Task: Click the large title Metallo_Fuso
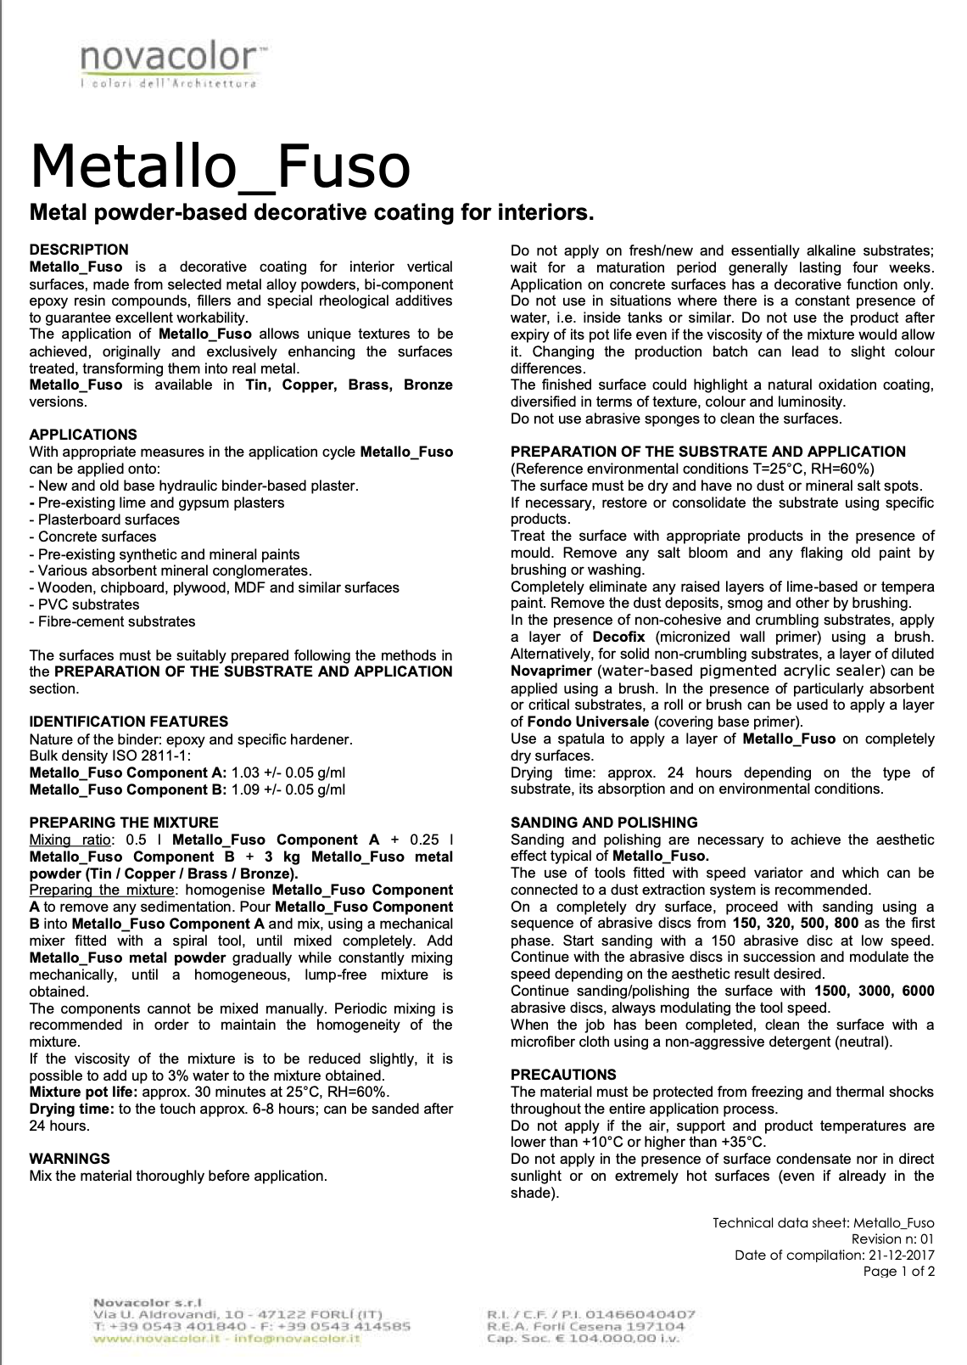[x=220, y=166]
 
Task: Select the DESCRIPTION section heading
[x=79, y=250]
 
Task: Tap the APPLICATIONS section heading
[x=83, y=435]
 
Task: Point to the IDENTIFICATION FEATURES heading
[x=128, y=722]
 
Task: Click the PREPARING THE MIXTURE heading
[x=124, y=823]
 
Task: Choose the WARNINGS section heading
[x=70, y=1159]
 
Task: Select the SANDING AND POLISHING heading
[x=604, y=823]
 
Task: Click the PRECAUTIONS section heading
[x=563, y=1075]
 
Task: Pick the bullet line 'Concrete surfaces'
[x=93, y=536]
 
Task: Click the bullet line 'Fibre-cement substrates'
[x=113, y=621]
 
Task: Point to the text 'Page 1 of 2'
[x=898, y=1272]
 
